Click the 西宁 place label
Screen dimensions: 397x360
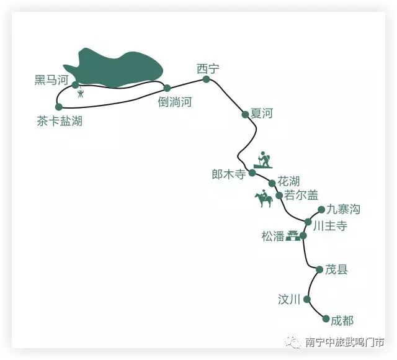[208, 68]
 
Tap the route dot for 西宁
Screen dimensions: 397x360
[206, 79]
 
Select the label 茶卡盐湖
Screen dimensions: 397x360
[60, 121]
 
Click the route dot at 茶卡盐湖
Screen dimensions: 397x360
[59, 107]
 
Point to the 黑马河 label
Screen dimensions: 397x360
[51, 80]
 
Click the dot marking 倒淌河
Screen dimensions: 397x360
[167, 88]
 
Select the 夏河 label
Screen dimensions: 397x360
[261, 114]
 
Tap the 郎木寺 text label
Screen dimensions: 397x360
[230, 174]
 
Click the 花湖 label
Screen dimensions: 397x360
[288, 181]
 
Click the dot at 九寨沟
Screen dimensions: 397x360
[321, 210]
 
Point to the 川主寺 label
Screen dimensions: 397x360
[330, 226]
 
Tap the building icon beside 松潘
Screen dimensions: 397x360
[292, 235]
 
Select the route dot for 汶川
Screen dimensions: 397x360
[307, 299]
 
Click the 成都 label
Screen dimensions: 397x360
[342, 320]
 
